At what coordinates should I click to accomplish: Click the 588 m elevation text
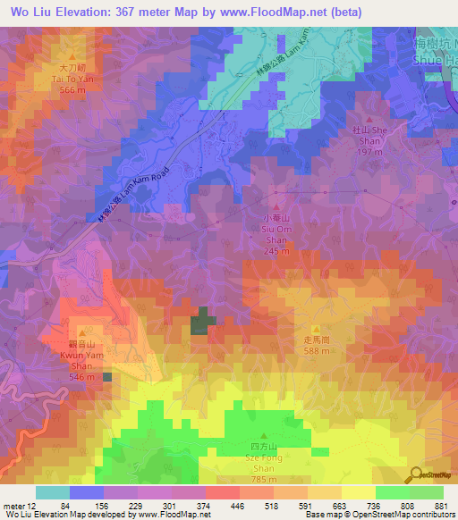[317, 351]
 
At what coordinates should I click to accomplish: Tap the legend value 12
[32, 507]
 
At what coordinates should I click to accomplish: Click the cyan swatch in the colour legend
[52, 492]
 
